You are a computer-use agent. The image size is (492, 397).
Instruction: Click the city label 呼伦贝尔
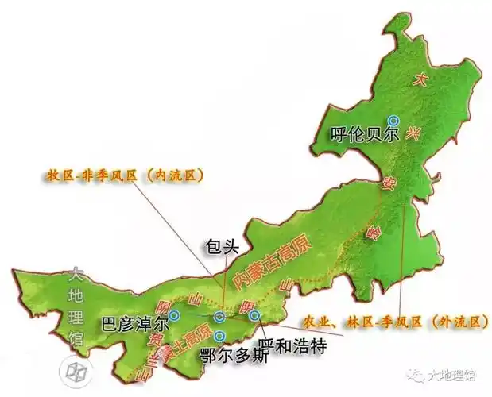click(x=363, y=134)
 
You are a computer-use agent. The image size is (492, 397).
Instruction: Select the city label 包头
click(x=221, y=246)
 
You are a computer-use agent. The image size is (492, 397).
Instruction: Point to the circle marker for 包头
click(x=219, y=318)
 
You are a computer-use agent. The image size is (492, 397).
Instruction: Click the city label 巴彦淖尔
click(x=135, y=324)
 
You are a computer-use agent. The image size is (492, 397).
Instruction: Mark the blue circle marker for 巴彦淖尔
click(x=175, y=315)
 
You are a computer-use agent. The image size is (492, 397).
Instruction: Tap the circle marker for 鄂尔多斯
click(x=219, y=336)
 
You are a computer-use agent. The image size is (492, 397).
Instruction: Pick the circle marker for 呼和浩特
click(x=254, y=315)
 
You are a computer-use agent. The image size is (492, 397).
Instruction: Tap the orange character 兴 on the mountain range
click(x=412, y=136)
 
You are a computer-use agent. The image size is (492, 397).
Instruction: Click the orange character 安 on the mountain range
click(x=389, y=186)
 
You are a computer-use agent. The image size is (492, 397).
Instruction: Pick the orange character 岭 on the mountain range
click(x=370, y=234)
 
